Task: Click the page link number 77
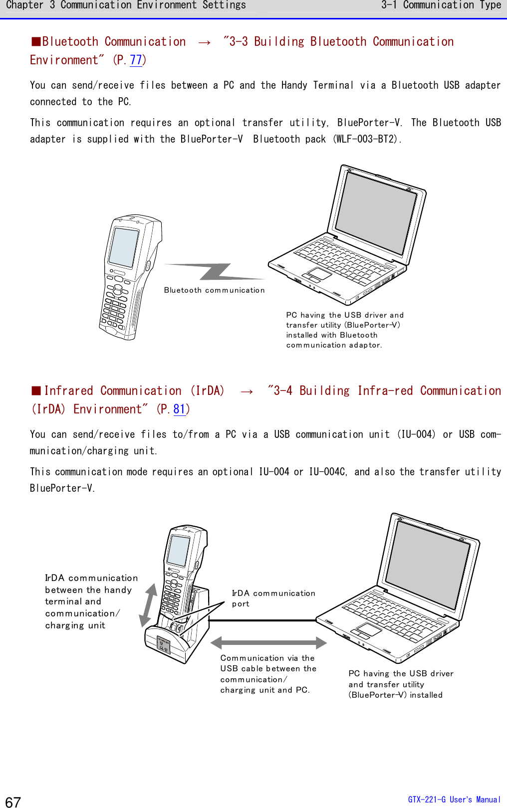[136, 60]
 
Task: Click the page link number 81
[179, 409]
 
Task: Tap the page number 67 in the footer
[13, 802]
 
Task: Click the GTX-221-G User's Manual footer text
[454, 800]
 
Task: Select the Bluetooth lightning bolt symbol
[215, 272]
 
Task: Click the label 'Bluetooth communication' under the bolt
[214, 290]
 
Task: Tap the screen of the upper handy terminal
[123, 247]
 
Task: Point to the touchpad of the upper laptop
[319, 273]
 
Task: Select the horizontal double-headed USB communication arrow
[268, 642]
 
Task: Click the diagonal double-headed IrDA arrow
[148, 605]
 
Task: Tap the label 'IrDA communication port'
[273, 598]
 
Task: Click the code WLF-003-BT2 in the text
[367, 139]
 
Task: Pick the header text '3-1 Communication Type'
[441, 5]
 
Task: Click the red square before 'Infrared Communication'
[36, 391]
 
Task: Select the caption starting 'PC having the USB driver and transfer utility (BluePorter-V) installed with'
[344, 330]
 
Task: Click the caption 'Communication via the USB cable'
[268, 674]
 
